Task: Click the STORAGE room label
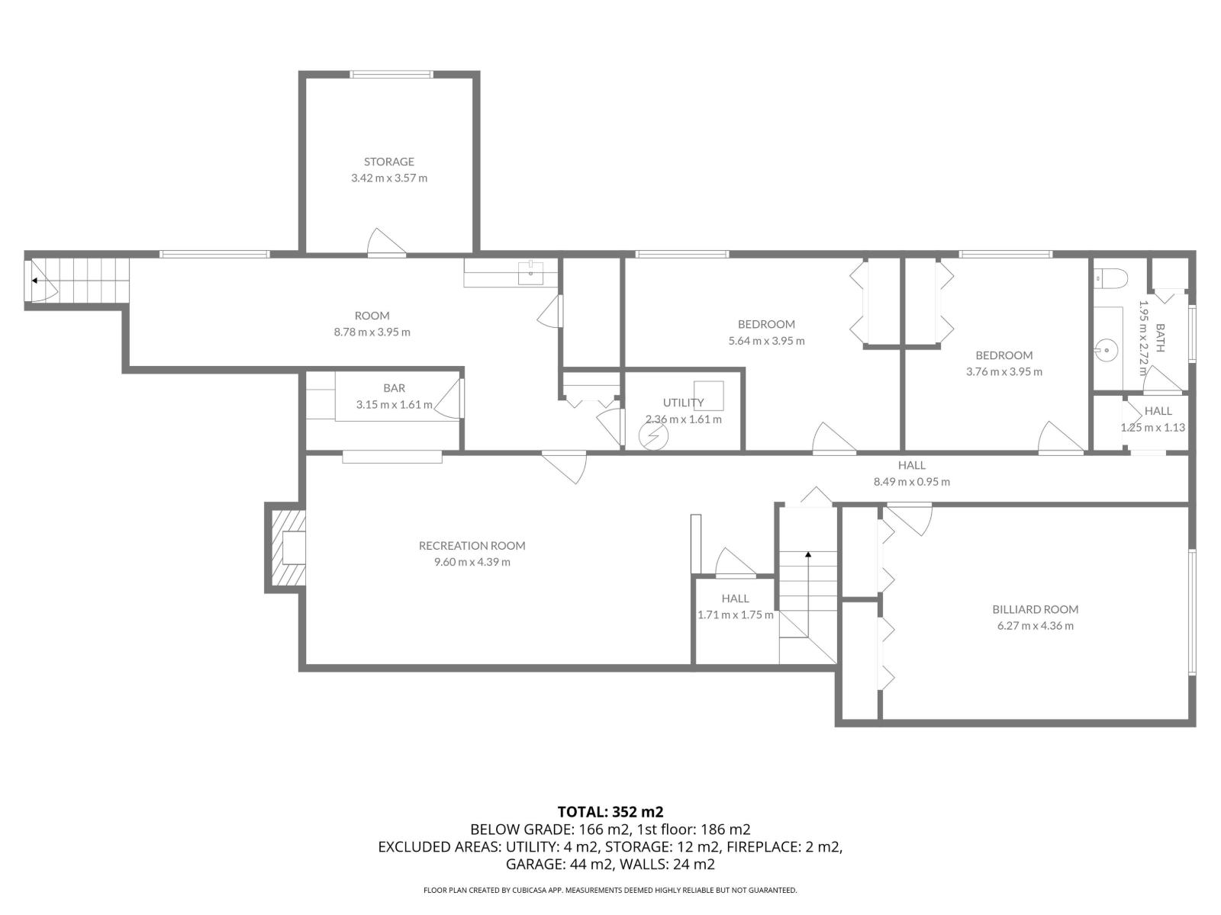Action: (x=388, y=162)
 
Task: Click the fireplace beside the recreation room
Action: (x=288, y=547)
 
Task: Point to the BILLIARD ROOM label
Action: (x=1035, y=609)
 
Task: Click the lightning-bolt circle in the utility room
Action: (x=653, y=437)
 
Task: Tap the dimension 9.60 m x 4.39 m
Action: (x=472, y=562)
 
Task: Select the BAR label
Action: (x=394, y=388)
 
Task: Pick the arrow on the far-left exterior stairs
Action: (x=35, y=281)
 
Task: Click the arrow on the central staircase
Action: (x=807, y=555)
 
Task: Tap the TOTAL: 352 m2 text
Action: (x=604, y=811)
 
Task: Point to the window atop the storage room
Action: (x=391, y=75)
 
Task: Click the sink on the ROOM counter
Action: (x=530, y=272)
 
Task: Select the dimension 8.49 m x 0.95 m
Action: (x=911, y=482)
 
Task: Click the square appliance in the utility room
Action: (x=708, y=396)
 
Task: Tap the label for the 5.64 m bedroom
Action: (x=766, y=324)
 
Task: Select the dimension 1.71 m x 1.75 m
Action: (x=735, y=615)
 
